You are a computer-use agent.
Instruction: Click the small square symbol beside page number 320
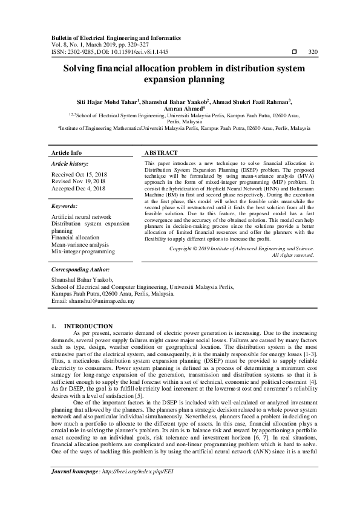[x=293, y=51]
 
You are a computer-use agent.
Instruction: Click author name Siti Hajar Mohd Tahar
[x=114, y=102]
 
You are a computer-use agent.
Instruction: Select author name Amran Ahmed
[x=180, y=109]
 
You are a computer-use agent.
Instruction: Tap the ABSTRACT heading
[x=162, y=153]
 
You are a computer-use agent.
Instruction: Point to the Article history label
[x=70, y=164]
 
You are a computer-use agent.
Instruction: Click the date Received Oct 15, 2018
[x=79, y=174]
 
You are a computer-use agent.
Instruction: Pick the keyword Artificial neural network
[x=82, y=216]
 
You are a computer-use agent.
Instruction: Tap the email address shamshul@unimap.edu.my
[x=105, y=300]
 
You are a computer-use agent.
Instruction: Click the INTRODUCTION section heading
[x=88, y=326]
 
